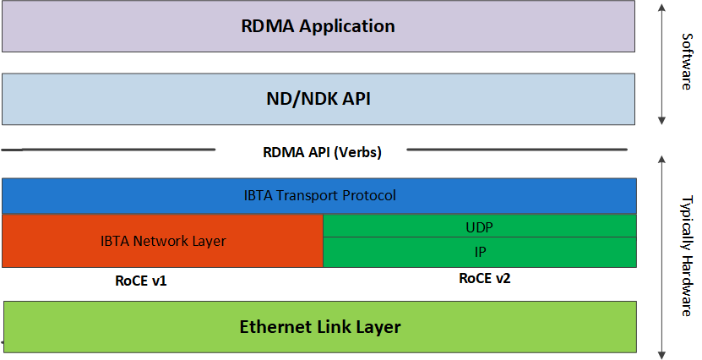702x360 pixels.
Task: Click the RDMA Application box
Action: (318, 26)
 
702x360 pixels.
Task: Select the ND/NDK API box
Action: (318, 99)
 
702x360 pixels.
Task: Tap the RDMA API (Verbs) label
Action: (311, 153)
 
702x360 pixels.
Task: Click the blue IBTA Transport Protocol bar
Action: (318, 196)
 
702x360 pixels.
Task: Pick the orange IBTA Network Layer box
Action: (162, 241)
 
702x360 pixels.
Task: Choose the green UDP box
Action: (479, 226)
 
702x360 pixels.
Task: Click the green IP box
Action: (479, 252)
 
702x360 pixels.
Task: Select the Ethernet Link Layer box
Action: (319, 326)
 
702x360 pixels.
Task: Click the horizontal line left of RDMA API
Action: (110, 150)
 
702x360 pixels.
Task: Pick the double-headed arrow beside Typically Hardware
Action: (663, 254)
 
